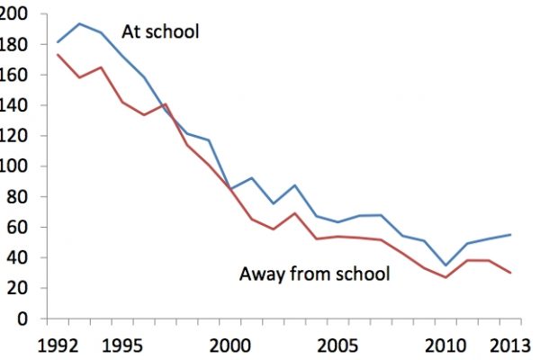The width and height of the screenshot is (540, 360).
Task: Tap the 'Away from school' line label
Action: tap(314, 274)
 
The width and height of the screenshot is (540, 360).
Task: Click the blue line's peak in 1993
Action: tap(79, 23)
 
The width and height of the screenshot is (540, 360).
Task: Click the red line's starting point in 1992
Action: tap(58, 55)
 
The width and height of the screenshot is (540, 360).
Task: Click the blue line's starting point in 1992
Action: tap(58, 42)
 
